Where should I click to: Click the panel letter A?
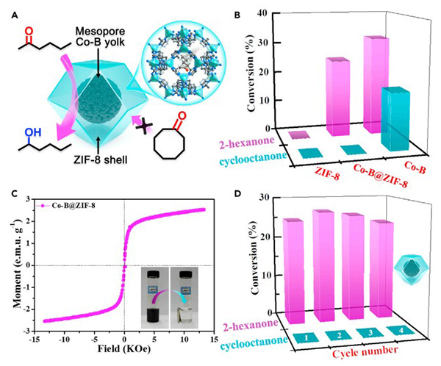coord(9,9)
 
